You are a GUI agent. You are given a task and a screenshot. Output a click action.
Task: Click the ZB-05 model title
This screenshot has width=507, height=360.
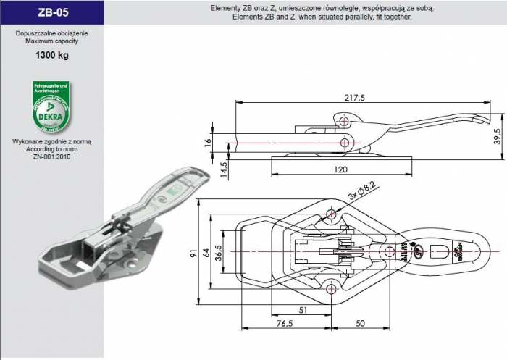tap(51, 12)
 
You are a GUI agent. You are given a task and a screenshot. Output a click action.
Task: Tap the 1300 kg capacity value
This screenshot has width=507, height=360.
tap(51, 56)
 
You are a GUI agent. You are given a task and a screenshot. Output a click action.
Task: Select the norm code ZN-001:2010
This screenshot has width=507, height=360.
tap(51, 156)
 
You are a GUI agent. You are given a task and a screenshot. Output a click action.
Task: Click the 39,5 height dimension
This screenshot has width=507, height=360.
tap(497, 135)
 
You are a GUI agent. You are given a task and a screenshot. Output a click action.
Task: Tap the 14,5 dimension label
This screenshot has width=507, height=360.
tap(204, 169)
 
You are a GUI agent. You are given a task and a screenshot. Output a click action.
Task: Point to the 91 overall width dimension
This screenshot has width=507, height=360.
tap(194, 254)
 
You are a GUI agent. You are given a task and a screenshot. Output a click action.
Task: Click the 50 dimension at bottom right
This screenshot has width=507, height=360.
tap(360, 325)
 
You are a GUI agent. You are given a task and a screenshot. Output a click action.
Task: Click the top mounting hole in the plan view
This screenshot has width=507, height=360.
tap(332, 214)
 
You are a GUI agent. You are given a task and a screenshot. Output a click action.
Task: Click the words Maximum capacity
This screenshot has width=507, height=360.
tap(51, 41)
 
